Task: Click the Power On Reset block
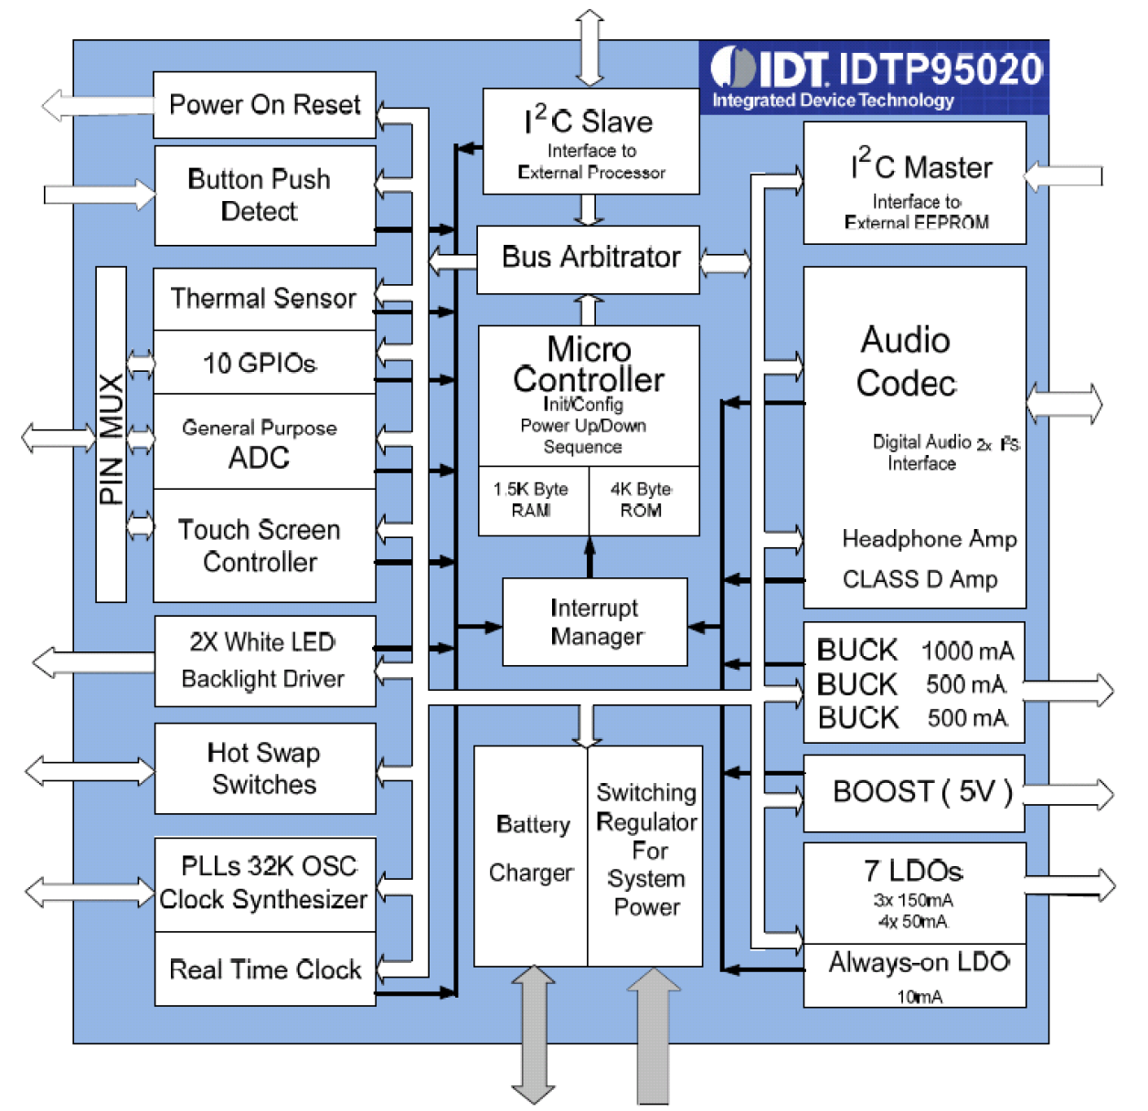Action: coord(264,105)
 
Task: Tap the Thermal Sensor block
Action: coord(264,299)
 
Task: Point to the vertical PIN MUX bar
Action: coord(111,435)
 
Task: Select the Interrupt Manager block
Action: coord(594,622)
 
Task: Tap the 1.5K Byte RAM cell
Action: coord(532,501)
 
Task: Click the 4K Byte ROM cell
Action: coord(643,501)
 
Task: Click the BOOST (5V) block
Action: coord(914,792)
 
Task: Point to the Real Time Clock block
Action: coord(264,969)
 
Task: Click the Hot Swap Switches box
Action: coord(264,768)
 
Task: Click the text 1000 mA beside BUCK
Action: coord(967,651)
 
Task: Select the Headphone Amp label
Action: coord(929,539)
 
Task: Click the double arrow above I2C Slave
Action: coord(590,48)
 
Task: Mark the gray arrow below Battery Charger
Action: coord(533,1034)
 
